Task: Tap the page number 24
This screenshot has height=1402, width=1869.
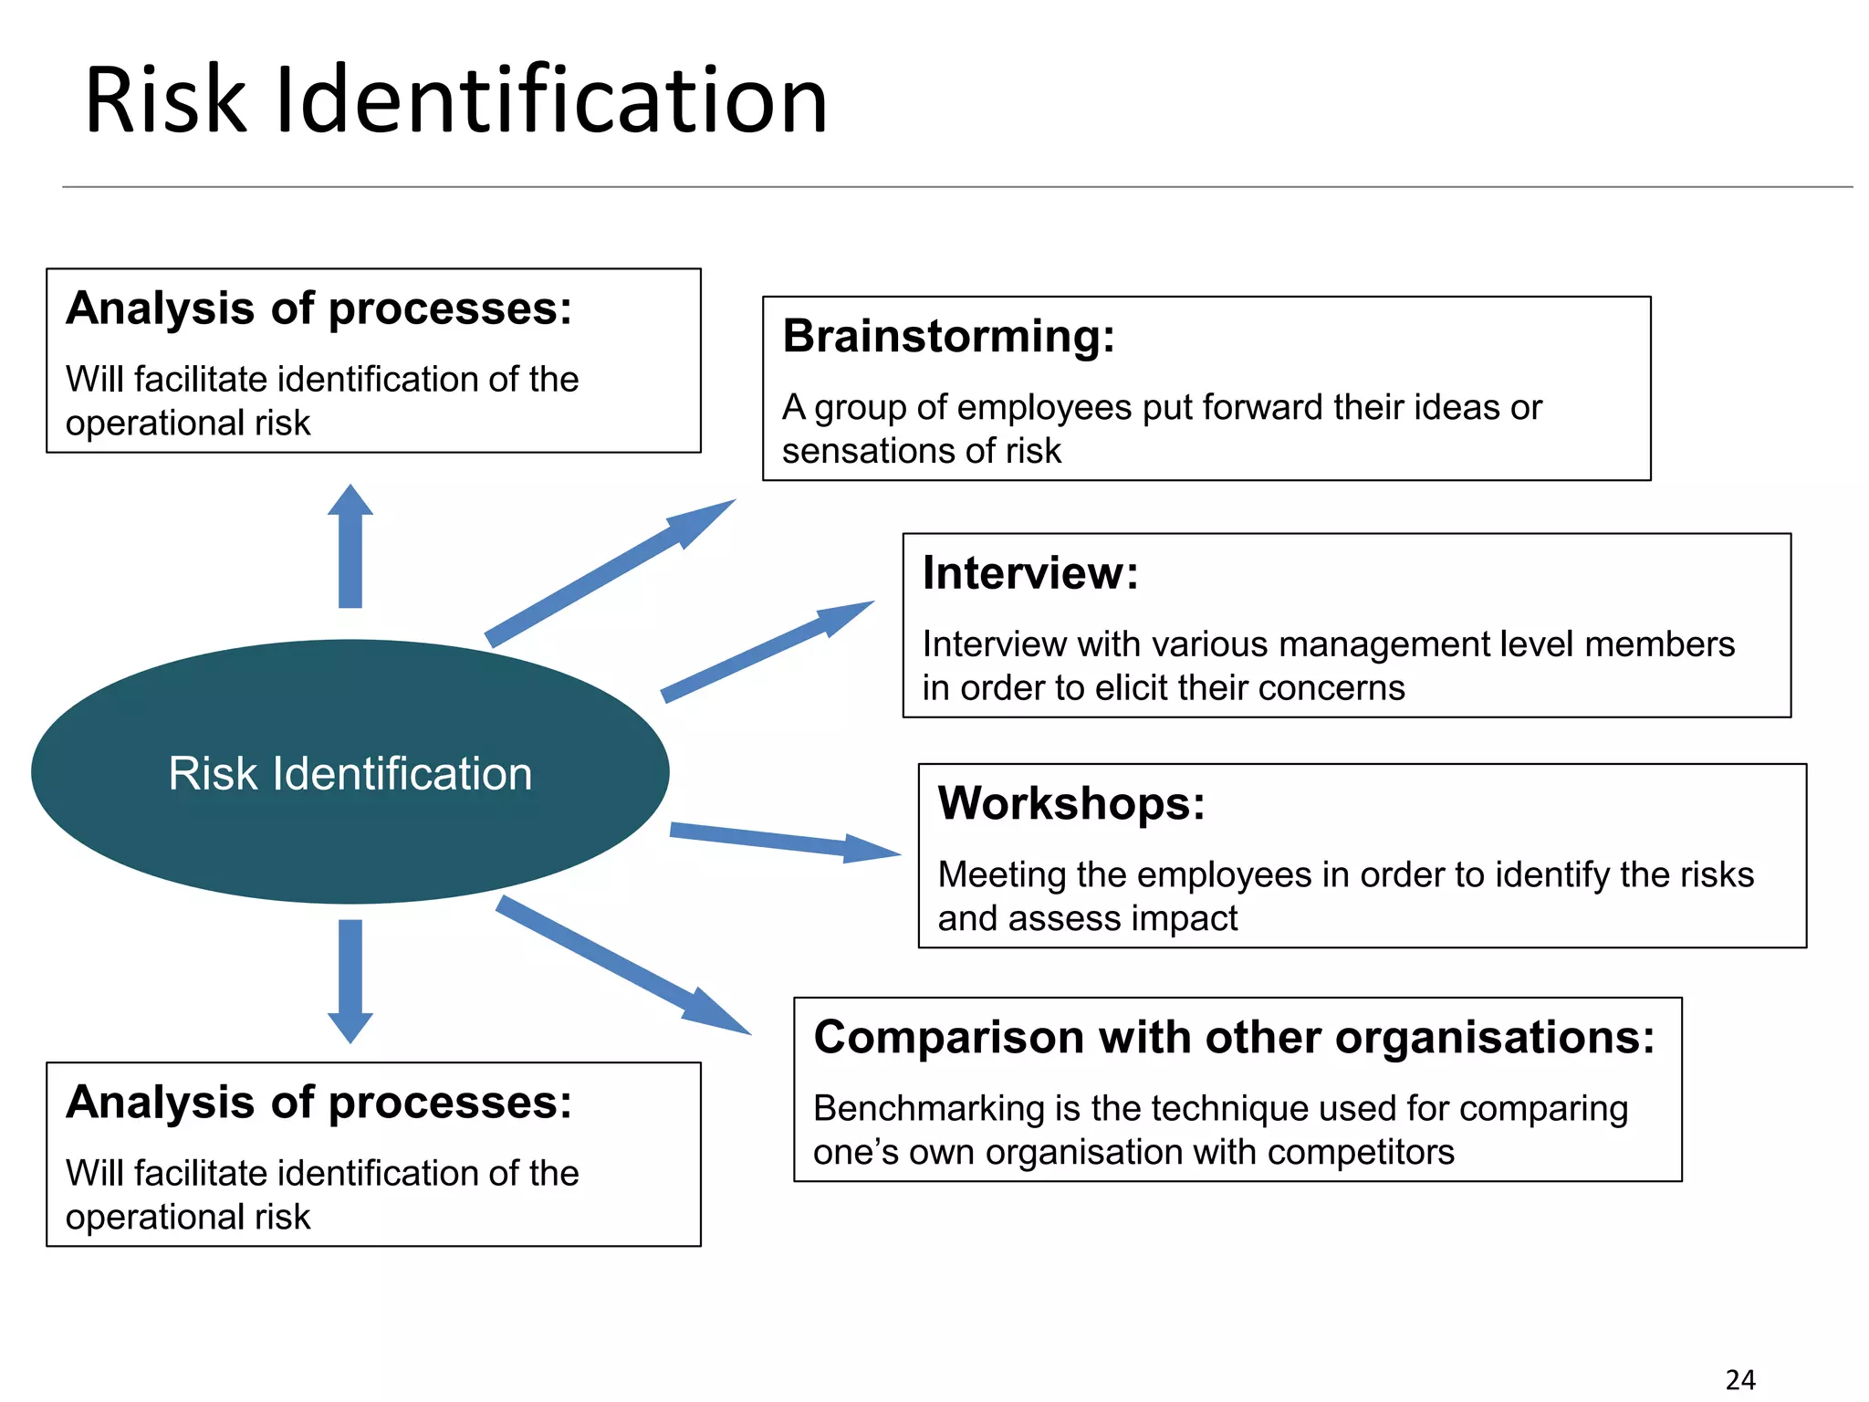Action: tap(1740, 1379)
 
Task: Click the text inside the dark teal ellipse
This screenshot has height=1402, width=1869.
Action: tap(350, 774)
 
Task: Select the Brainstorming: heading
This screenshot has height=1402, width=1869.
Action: tap(949, 336)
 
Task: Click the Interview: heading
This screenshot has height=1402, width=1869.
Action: tap(1030, 573)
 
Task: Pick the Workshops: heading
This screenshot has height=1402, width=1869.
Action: tap(1071, 804)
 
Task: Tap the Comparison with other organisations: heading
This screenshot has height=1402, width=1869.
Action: tap(1234, 1038)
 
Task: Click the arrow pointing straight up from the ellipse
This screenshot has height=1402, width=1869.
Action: tap(350, 548)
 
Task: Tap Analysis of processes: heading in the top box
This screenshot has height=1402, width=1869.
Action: tap(318, 309)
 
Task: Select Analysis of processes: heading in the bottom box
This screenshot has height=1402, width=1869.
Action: tap(318, 1103)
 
